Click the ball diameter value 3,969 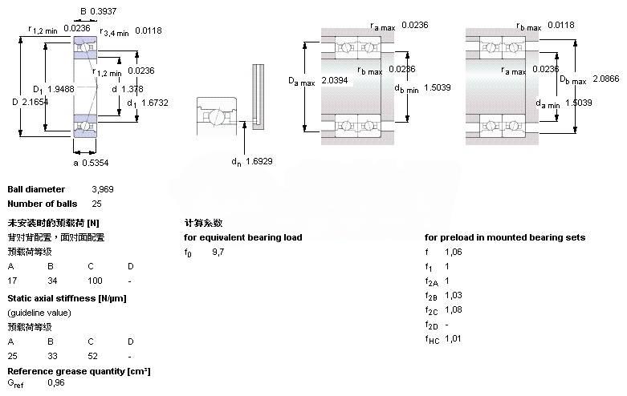103,189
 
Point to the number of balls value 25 97,204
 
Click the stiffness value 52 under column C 92,355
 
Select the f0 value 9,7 218,252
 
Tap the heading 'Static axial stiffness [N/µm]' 67,298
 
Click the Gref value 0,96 56,382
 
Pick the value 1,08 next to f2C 453,309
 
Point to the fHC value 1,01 453,338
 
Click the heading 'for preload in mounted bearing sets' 505,237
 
